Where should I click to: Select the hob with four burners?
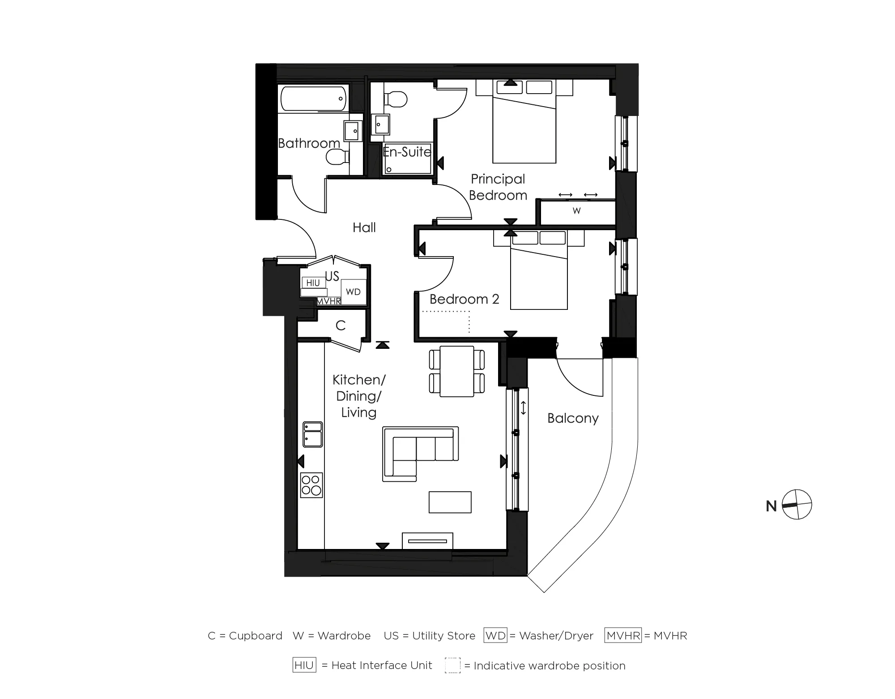click(x=311, y=485)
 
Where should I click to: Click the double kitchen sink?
click(x=313, y=434)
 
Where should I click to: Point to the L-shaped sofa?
click(x=421, y=454)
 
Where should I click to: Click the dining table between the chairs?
click(x=457, y=371)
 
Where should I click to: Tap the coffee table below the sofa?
click(x=450, y=502)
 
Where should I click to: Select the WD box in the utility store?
click(x=354, y=292)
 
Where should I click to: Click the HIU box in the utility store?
click(x=313, y=283)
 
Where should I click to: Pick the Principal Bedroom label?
click(x=498, y=187)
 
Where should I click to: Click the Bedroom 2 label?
click(x=465, y=299)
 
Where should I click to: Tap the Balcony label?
click(x=573, y=418)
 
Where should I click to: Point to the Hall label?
click(x=364, y=227)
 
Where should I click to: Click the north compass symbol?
click(x=797, y=505)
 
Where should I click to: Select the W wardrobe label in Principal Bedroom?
click(x=577, y=210)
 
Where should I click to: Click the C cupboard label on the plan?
click(x=341, y=326)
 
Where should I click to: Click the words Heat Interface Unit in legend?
click(x=382, y=665)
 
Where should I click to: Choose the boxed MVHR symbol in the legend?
click(x=623, y=635)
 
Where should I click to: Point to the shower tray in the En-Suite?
click(x=408, y=159)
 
